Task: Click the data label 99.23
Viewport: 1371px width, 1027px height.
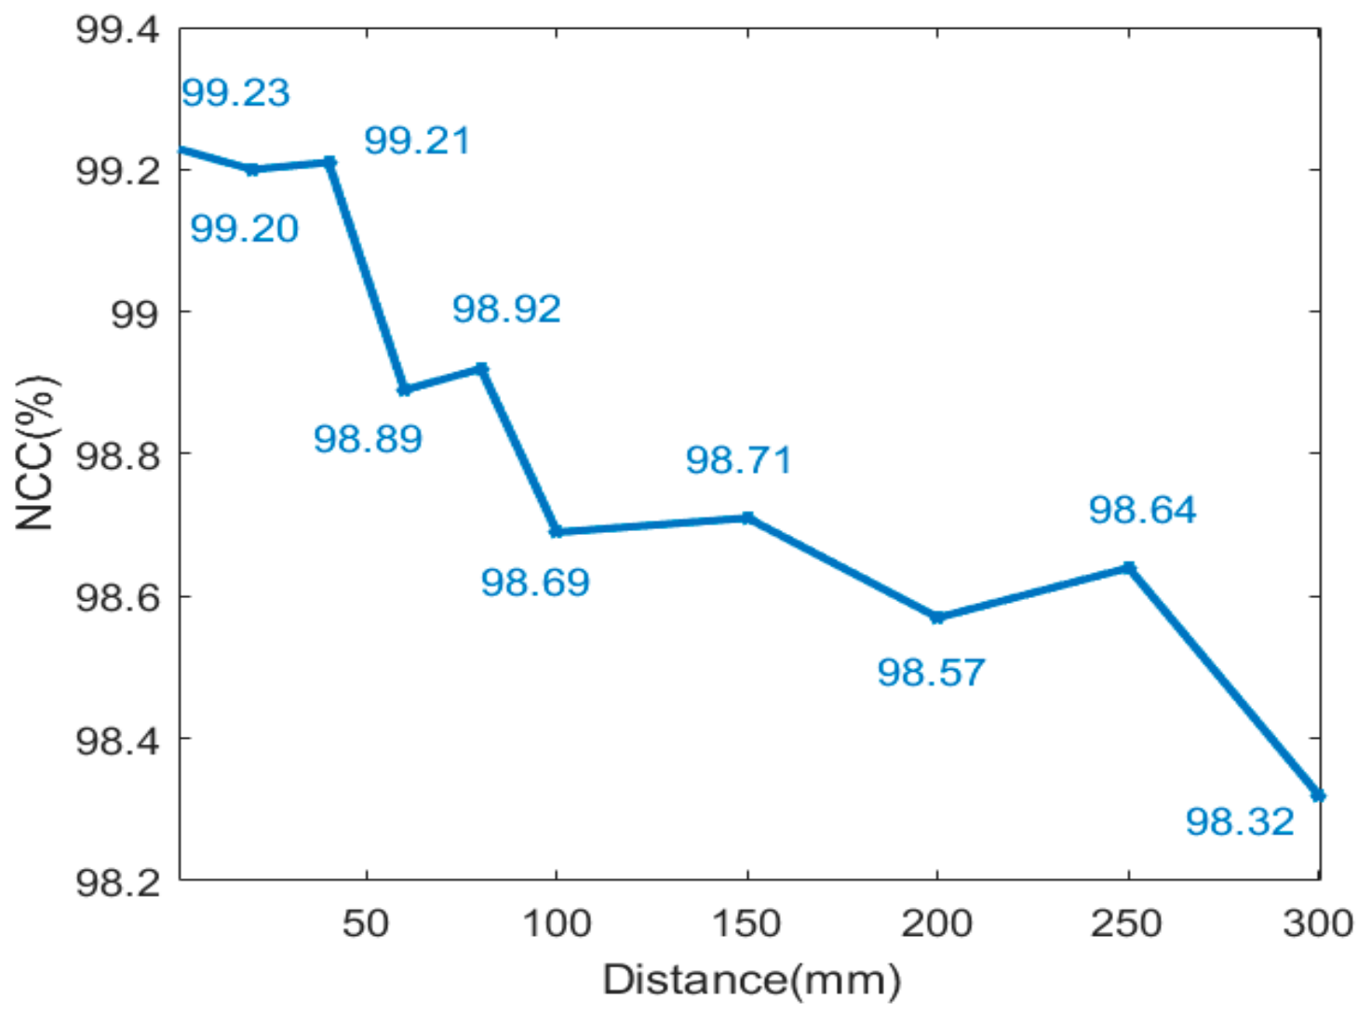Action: [x=235, y=93]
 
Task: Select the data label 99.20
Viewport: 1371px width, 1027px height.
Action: [x=244, y=229]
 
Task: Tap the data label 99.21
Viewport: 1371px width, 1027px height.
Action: [x=417, y=141]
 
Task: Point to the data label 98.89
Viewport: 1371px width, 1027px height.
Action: [x=368, y=439]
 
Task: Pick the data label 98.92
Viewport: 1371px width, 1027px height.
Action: [x=506, y=309]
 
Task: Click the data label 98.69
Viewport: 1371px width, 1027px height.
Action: [x=535, y=583]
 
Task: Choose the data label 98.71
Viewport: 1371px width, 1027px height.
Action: [x=739, y=460]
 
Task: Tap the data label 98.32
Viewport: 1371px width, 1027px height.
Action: [x=1240, y=822]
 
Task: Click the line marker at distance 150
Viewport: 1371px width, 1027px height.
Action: [x=747, y=517]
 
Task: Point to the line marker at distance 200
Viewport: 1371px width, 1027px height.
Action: [x=937, y=617]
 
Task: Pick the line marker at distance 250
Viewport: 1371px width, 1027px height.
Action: [x=1129, y=567]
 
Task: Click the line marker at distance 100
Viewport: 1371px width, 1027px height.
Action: [x=557, y=531]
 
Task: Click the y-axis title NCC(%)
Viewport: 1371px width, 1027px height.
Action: [x=36, y=453]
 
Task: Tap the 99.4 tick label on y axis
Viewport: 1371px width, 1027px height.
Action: [x=117, y=30]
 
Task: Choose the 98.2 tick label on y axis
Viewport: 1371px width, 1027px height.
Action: [x=117, y=881]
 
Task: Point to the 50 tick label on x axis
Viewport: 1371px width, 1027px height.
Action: [x=366, y=924]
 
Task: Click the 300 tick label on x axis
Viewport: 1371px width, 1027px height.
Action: [x=1317, y=924]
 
